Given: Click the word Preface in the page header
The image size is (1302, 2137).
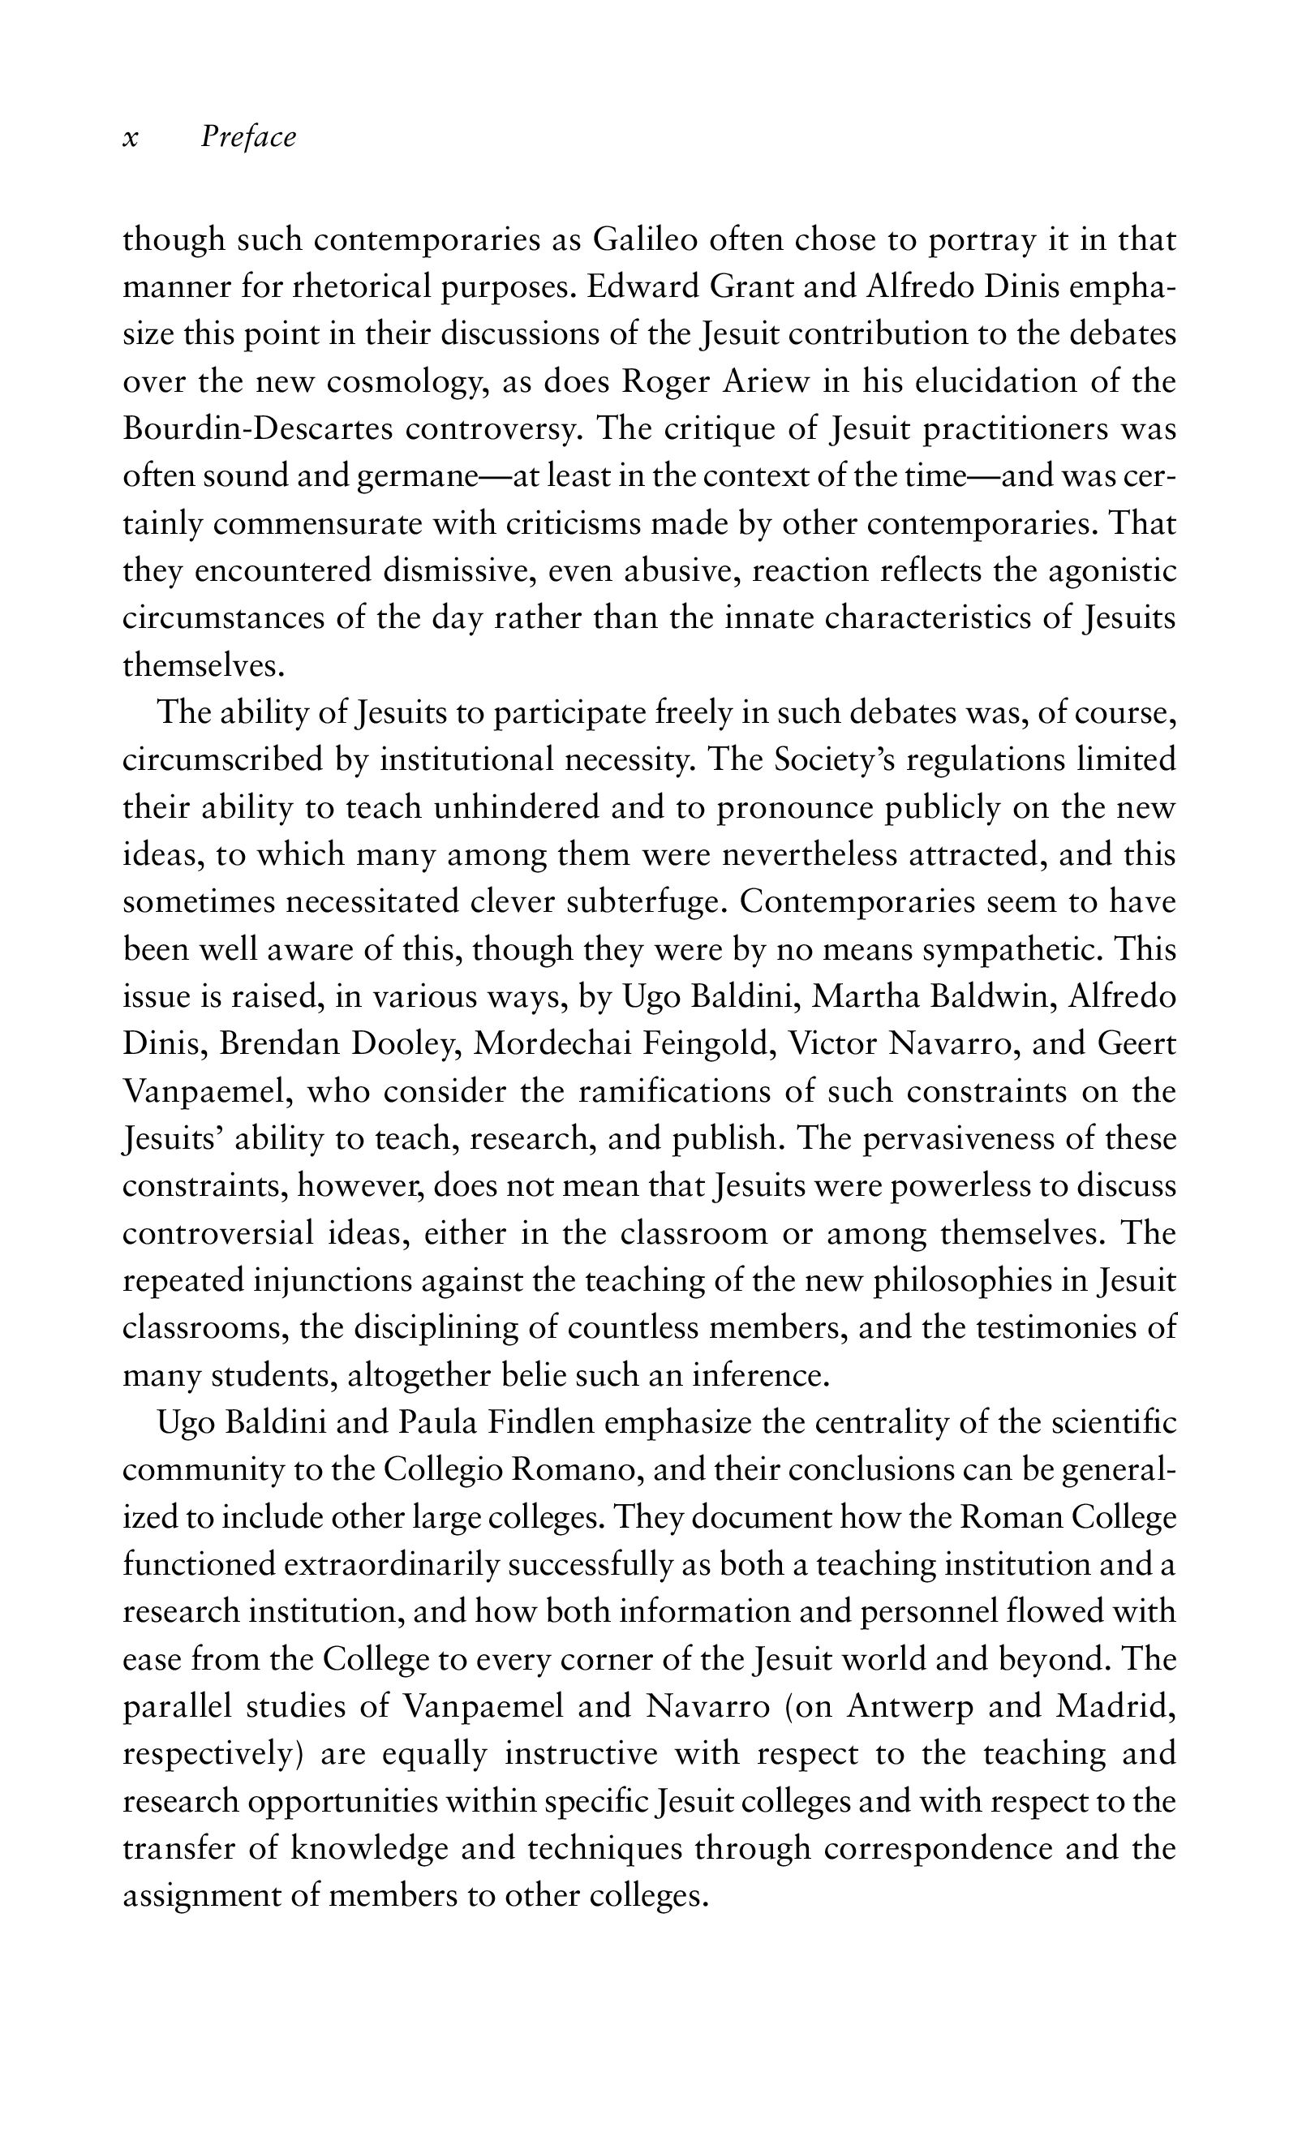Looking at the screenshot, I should point(248,137).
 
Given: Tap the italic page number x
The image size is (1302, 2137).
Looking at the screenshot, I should point(130,138).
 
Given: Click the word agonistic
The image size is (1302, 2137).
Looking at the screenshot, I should point(1112,571).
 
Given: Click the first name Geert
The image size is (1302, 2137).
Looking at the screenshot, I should point(1137,1043).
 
